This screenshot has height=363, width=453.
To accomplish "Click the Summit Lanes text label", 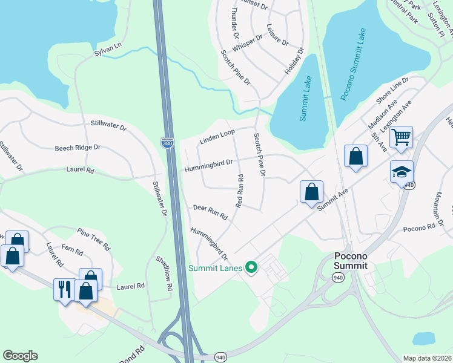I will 216,268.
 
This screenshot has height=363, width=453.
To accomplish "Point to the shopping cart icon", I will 401,137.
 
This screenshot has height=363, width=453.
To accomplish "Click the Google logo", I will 20,356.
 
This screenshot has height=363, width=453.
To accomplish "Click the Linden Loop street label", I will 217,137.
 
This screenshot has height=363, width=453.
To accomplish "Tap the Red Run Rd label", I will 239,191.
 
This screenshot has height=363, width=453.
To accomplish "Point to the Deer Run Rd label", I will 210,212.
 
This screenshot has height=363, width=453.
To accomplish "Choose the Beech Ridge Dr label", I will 78,147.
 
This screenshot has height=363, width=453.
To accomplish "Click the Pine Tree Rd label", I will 94,239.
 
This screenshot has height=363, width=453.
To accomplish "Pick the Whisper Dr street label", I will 247,42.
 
